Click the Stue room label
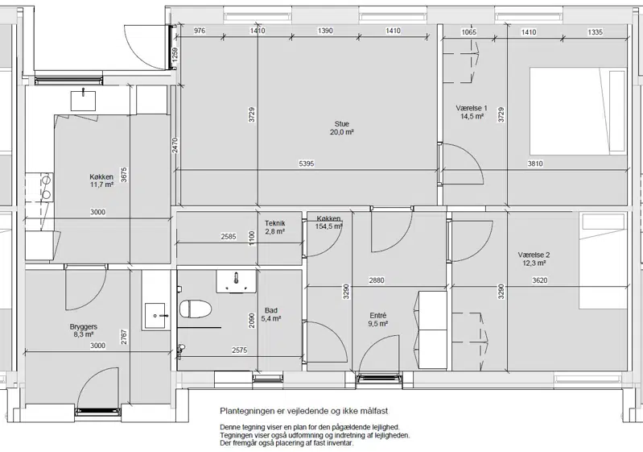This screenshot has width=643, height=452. coord(341,123)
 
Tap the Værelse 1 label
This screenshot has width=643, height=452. coord(472,108)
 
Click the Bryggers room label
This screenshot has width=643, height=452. coord(83,327)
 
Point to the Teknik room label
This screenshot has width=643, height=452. coord(274,223)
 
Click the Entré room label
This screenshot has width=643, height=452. coord(378,316)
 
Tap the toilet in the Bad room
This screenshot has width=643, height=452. coord(196,309)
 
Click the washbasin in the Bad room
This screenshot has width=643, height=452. coord(237,281)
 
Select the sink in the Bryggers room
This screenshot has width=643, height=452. coord(155,316)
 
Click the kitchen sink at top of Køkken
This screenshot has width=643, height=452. coord(83,101)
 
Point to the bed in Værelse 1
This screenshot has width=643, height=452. coord(578,111)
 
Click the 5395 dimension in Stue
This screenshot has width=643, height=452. coord(307,164)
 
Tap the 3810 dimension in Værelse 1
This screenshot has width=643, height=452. coord(534,164)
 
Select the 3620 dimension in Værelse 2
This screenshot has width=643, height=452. coord(540,280)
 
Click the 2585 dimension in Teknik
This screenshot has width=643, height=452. coord(229,236)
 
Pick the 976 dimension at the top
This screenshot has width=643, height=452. coord(200,31)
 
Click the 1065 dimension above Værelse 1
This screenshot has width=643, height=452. coord(468,32)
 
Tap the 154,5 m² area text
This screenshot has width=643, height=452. coord(329,226)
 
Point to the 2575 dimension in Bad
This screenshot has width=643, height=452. coord(240,350)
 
